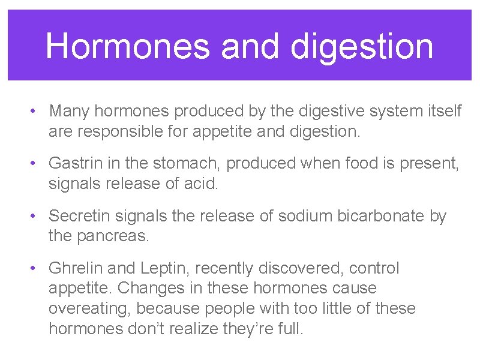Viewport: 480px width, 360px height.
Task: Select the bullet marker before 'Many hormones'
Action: [x=37, y=111]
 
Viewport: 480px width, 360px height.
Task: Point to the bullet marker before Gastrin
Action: [x=37, y=163]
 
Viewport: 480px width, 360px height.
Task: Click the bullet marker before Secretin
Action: [x=37, y=216]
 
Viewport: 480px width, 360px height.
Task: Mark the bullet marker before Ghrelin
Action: [x=37, y=268]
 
